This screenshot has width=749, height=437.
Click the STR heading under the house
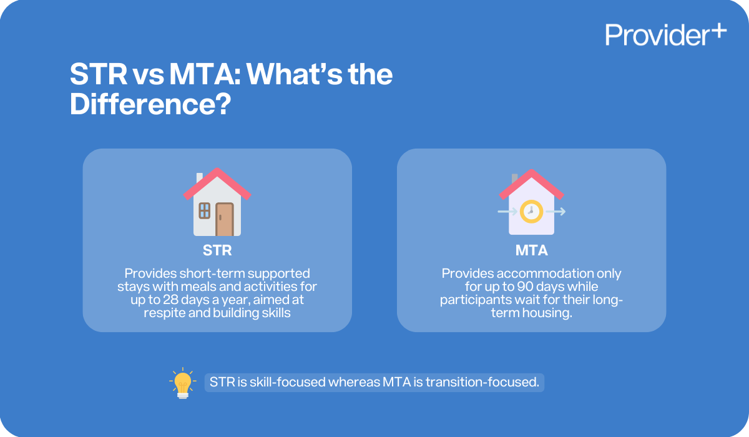pyautogui.click(x=217, y=251)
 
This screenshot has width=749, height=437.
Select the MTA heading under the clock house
pyautogui.click(x=531, y=251)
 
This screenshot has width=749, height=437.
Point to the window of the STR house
pyautogui.click(x=204, y=210)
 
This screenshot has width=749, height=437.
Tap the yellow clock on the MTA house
pyautogui.click(x=531, y=211)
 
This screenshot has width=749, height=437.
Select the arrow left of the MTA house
pyautogui.click(x=503, y=212)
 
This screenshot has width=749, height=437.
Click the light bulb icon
pyautogui.click(x=182, y=383)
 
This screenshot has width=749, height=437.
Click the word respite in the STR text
pyautogui.click(x=164, y=313)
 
